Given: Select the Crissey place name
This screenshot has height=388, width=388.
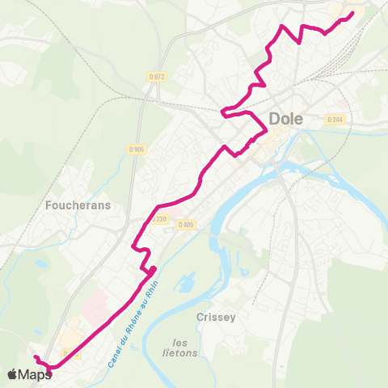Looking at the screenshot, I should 216,318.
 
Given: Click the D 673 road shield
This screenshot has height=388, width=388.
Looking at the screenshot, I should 157,77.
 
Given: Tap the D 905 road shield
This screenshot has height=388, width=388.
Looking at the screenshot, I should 137,149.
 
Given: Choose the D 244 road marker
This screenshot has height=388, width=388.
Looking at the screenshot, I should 335,119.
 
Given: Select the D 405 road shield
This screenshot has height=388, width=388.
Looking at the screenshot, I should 186,225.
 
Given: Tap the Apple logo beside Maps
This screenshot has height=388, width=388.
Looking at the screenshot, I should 12,374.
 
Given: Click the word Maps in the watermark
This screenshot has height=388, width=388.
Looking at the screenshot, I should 36,374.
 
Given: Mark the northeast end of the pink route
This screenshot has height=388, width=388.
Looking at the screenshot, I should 353,12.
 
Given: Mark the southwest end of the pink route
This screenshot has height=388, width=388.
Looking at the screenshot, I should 35,356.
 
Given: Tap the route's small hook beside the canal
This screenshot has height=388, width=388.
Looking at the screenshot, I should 151,270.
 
